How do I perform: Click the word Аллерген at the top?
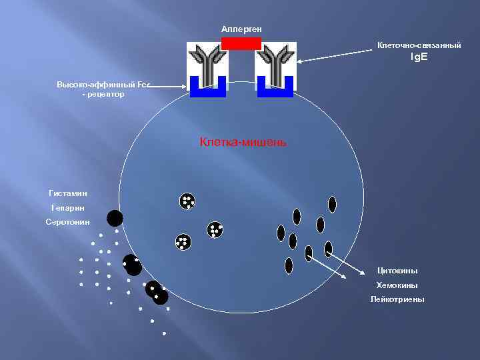point(241,29)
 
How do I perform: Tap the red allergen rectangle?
point(241,43)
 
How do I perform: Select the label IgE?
point(419,57)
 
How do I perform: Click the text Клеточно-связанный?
point(419,45)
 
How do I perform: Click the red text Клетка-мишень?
point(243,141)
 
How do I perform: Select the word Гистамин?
point(68,193)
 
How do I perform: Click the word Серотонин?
point(67,221)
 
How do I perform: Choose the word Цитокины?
point(397,271)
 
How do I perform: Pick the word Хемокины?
point(397,285)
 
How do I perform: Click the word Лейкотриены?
point(397,299)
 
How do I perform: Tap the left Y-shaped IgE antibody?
point(207,63)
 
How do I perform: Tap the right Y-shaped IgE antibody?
point(275,63)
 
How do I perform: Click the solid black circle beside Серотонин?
point(115,218)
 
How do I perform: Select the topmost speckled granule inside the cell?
point(187,201)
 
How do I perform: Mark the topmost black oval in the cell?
point(332,204)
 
